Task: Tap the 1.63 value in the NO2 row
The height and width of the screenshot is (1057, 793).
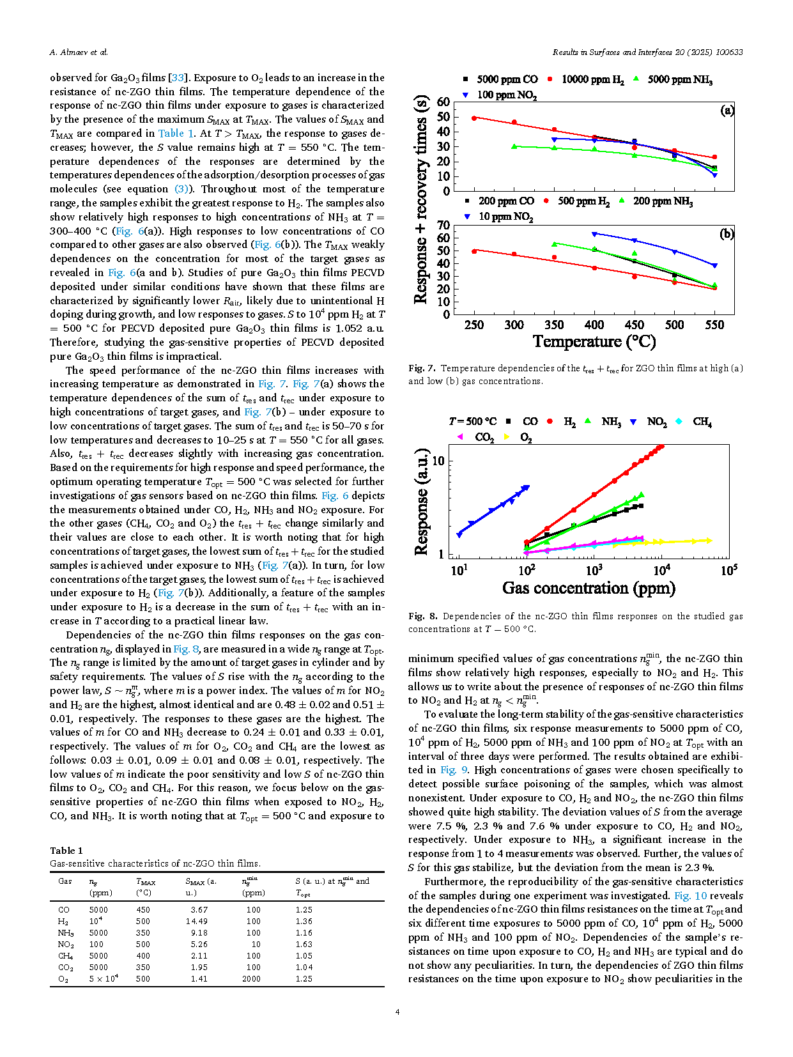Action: pos(304,945)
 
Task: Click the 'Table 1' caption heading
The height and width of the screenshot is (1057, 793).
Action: pos(66,851)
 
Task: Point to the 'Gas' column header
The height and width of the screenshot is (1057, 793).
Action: pos(65,881)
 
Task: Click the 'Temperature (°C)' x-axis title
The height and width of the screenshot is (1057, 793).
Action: pos(594,342)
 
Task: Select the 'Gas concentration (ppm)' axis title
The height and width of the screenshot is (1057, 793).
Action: pos(589,588)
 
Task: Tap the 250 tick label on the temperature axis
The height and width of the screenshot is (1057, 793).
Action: pos(473,325)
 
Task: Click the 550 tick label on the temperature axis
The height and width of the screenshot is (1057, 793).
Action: pos(714,325)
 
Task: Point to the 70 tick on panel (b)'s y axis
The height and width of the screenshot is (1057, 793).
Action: pos(443,225)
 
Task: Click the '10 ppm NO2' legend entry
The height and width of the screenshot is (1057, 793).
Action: pos(505,217)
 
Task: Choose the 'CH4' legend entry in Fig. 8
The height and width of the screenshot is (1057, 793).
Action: pos(702,422)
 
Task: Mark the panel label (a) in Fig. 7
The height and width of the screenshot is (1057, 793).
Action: pos(727,111)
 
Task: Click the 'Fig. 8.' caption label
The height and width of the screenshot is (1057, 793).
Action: pos(423,617)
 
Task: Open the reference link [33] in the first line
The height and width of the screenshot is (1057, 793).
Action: pos(178,78)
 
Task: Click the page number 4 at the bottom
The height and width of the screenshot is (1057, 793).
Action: pos(397,1012)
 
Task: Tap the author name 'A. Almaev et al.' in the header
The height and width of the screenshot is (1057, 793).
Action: pos(79,52)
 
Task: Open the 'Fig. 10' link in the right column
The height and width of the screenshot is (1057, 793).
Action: pos(690,896)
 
